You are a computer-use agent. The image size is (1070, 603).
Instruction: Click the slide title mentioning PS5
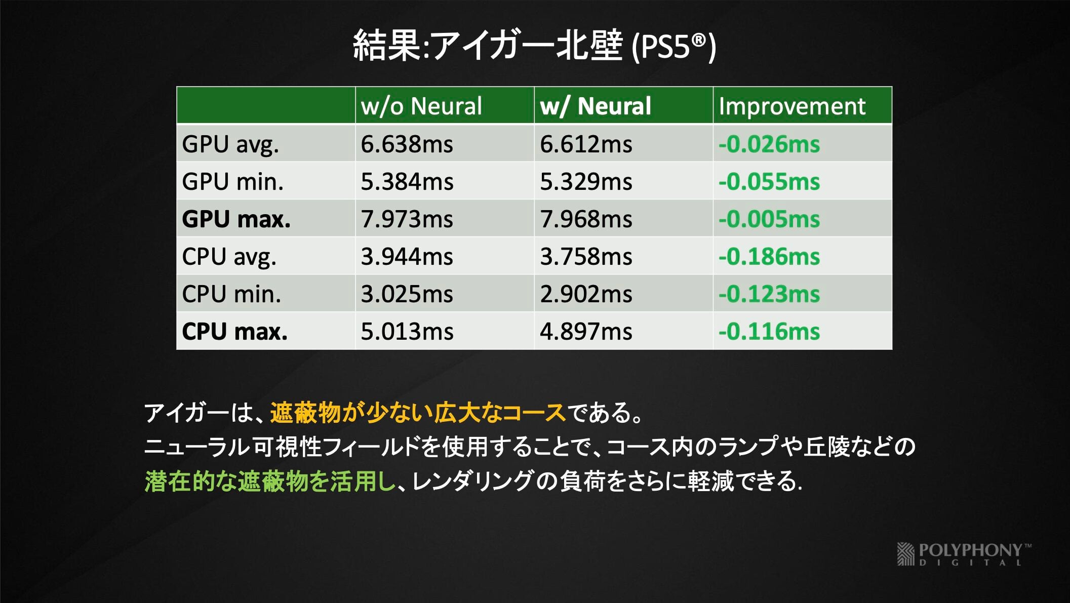point(534,46)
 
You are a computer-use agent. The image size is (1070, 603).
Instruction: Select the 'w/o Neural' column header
point(421,106)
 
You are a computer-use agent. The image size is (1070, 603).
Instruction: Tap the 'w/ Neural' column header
point(596,106)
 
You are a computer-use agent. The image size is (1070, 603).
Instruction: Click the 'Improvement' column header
point(792,106)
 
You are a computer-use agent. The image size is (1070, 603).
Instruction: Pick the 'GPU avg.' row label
point(230,144)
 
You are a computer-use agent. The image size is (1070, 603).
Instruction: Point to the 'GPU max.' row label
point(236,219)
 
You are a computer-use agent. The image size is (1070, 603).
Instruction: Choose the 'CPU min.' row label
point(231,294)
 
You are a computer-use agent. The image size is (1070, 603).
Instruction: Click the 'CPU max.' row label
point(234,332)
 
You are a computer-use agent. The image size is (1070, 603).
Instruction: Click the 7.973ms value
point(407,219)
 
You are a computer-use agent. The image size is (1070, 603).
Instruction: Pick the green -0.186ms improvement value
point(769,257)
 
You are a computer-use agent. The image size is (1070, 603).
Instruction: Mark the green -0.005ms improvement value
point(769,219)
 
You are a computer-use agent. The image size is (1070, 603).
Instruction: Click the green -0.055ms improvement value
point(769,182)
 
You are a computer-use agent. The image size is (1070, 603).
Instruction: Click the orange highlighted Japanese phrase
point(418,413)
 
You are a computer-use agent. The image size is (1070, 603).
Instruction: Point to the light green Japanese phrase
point(270,481)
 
